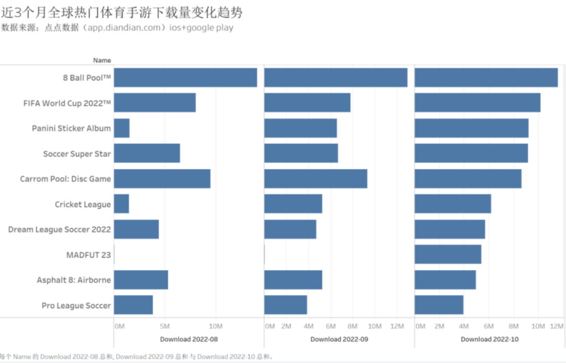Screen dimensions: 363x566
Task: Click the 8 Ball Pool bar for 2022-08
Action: coord(185,78)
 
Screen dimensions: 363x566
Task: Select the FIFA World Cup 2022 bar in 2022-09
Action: coord(307,103)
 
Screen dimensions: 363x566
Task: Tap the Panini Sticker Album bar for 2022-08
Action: coord(122,128)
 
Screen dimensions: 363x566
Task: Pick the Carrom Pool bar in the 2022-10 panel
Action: coord(467,179)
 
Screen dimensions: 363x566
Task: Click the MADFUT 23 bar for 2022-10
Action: coord(448,254)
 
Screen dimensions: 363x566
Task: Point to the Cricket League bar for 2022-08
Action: coord(121,204)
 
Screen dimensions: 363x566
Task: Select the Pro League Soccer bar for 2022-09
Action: coord(286,305)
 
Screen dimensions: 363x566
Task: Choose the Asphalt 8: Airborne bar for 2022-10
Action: coord(445,280)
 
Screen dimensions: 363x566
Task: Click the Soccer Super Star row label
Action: coord(77,154)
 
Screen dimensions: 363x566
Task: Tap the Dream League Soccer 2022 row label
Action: coord(60,229)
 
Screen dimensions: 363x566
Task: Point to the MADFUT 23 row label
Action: coord(89,255)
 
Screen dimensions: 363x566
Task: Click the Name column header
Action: coord(102,60)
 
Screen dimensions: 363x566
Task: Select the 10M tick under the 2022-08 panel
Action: coord(215,326)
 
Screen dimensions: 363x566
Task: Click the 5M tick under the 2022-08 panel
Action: coord(165,326)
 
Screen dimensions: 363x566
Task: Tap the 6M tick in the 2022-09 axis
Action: coord(331,326)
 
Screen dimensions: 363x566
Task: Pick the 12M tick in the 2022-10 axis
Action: coord(557,326)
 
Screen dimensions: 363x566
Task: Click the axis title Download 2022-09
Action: coord(339,339)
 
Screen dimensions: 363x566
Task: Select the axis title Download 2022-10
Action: coord(489,339)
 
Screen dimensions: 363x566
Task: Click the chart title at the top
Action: coord(122,12)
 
